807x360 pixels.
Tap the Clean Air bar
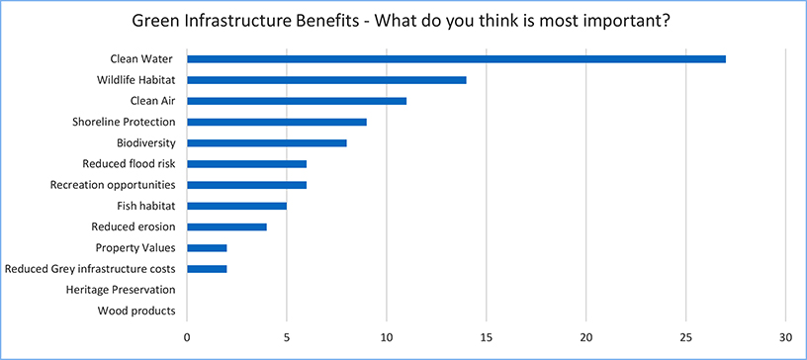(x=297, y=101)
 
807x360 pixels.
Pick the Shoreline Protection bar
(x=277, y=122)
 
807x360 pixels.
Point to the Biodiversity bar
(x=267, y=142)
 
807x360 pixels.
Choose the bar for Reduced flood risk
(x=246, y=164)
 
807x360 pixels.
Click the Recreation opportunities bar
(x=246, y=185)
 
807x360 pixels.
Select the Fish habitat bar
(x=236, y=206)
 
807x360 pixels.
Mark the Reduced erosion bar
(x=226, y=226)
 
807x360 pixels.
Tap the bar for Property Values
(x=207, y=247)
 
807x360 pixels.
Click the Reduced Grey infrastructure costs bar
(x=207, y=269)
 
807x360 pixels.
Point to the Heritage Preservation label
(x=120, y=290)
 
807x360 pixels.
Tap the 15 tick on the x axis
(x=487, y=335)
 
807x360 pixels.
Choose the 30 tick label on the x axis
(x=785, y=335)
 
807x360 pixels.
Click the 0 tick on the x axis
(x=187, y=335)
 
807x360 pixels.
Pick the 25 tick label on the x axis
(x=686, y=335)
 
